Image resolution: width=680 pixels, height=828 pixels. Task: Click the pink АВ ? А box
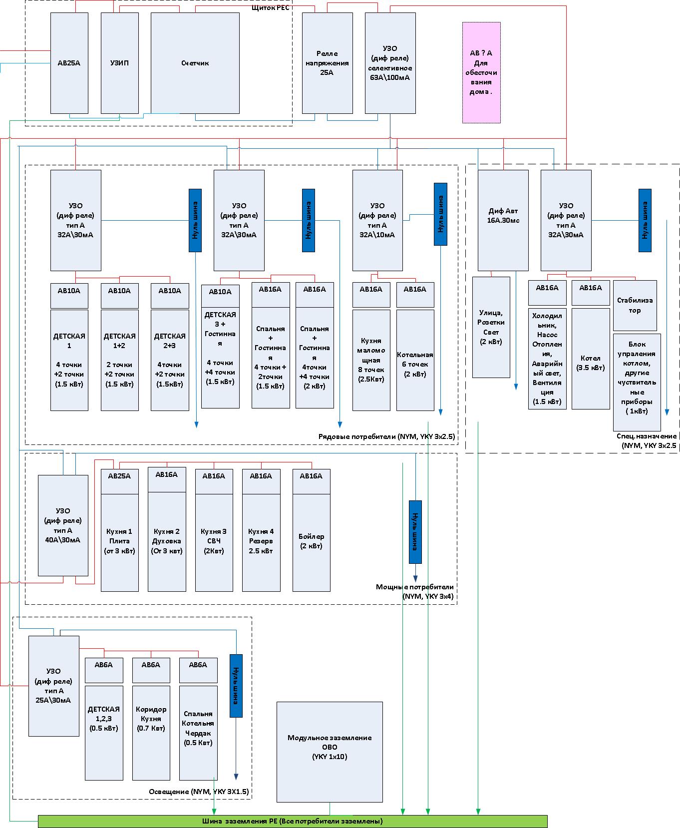point(481,72)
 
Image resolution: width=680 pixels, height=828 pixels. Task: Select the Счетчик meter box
point(195,63)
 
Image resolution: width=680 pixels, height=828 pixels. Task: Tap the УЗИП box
point(120,63)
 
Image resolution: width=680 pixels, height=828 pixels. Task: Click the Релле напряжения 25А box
point(328,63)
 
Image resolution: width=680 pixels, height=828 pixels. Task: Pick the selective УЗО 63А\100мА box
point(390,63)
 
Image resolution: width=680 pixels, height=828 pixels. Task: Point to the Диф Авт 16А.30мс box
point(503,220)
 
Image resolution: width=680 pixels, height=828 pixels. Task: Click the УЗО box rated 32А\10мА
point(377,220)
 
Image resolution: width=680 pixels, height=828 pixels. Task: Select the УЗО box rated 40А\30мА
point(63,525)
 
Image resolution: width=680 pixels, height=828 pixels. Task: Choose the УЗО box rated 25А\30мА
point(54,686)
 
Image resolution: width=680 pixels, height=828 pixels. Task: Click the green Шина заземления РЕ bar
point(293,821)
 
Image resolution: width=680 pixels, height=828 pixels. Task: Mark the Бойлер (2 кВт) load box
point(312,542)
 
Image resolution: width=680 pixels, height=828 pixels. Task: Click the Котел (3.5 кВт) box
point(591,359)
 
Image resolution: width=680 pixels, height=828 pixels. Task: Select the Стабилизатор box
point(635,305)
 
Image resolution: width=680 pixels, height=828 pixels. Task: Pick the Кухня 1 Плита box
point(120,542)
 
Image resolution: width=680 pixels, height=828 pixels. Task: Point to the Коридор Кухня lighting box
point(151,733)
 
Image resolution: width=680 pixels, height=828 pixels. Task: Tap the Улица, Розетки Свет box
point(491,327)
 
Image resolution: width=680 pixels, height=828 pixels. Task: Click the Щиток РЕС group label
point(272,7)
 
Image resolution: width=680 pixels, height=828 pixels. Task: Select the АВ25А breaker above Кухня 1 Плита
point(120,476)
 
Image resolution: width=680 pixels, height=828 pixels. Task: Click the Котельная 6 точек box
point(415,360)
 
